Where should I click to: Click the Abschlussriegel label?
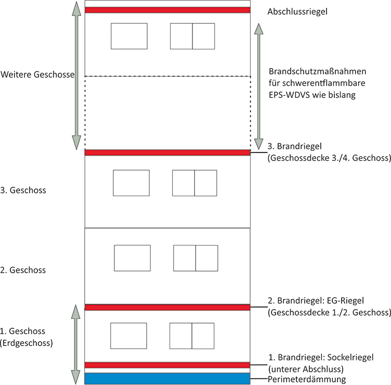pos(297,12)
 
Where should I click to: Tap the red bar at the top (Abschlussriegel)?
pos(167,10)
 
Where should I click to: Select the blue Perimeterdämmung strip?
pos(167,379)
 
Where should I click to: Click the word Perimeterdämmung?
pos(307,379)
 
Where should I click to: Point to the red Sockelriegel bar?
pos(167,365)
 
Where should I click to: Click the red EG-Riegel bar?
pos(167,307)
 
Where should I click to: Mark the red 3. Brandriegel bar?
pos(167,153)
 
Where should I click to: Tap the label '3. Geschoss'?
pos(23,190)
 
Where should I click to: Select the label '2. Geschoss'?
pos(23,270)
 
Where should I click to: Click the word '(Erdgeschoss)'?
pos(27,343)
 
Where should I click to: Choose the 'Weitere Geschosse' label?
pos(37,74)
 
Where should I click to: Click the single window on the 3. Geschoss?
pos(131,183)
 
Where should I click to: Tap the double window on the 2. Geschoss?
pos(196,258)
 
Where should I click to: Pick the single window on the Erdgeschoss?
pos(128,336)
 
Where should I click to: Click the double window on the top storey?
pos(192,36)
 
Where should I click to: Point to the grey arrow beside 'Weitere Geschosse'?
pos(76,75)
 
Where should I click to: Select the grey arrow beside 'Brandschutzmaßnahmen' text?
pos(258,86)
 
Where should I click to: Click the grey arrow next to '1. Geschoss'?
pos(76,344)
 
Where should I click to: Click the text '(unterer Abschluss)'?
pos(306,369)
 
